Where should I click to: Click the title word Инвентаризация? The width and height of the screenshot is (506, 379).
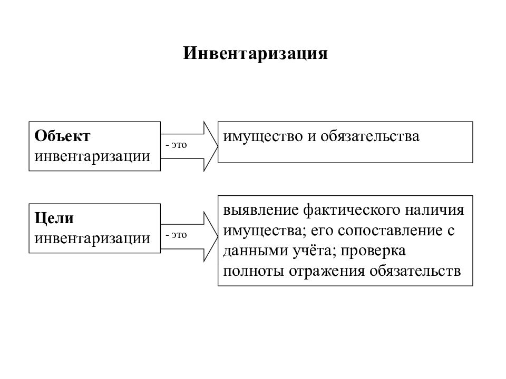click(255, 54)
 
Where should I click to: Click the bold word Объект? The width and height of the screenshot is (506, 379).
click(62, 136)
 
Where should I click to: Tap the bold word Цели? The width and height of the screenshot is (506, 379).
click(54, 218)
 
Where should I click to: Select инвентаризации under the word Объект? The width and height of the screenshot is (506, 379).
click(92, 156)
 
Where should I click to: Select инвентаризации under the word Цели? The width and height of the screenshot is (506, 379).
click(92, 238)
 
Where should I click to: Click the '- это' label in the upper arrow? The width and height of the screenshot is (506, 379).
click(176, 145)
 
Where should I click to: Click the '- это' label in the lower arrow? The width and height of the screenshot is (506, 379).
click(176, 235)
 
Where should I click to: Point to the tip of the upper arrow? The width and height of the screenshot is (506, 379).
click(218, 146)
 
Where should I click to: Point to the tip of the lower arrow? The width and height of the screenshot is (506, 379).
click(218, 236)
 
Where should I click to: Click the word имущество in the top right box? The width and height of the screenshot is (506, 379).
click(262, 137)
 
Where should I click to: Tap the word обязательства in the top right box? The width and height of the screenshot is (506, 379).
click(370, 136)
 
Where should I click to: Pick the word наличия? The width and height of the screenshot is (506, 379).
click(434, 211)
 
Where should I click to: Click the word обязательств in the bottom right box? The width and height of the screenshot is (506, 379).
click(415, 271)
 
